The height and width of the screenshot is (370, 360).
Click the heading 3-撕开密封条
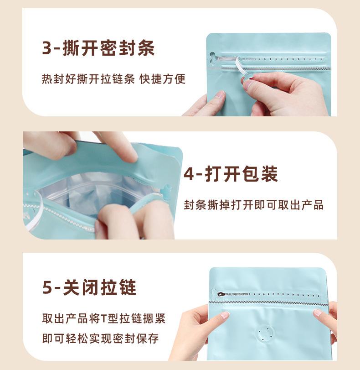(98, 48)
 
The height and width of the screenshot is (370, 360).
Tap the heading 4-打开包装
(231, 174)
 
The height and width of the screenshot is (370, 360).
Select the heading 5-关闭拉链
(89, 287)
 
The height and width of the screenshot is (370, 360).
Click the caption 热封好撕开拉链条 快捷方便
(114, 79)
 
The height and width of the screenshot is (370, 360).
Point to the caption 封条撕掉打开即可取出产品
(253, 205)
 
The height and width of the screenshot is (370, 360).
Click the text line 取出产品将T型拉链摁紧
(103, 318)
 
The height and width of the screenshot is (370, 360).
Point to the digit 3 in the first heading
(47, 48)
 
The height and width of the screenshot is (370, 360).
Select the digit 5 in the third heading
(47, 288)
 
